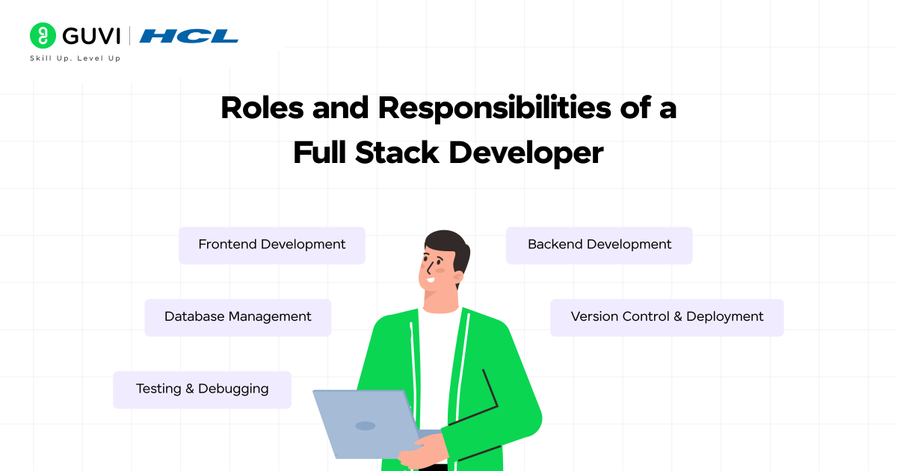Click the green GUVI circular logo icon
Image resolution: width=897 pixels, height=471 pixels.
(x=43, y=35)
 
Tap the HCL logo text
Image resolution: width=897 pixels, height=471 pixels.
(x=189, y=36)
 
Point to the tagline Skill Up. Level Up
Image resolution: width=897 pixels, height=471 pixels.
(x=75, y=58)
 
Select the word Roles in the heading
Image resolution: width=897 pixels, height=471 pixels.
(x=261, y=109)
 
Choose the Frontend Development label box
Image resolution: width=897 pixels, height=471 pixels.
(x=271, y=245)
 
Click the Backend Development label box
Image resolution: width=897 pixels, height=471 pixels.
(x=599, y=245)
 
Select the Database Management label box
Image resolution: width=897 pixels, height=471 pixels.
(x=238, y=317)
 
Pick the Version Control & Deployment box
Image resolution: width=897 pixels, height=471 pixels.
(x=667, y=317)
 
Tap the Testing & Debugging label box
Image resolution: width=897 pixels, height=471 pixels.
(x=202, y=390)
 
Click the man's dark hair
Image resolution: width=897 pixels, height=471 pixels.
(x=447, y=243)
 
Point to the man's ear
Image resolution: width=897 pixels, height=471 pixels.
(x=457, y=274)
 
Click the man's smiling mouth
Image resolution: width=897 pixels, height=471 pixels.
(x=430, y=281)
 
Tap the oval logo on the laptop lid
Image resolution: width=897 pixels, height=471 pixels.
(x=365, y=425)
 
